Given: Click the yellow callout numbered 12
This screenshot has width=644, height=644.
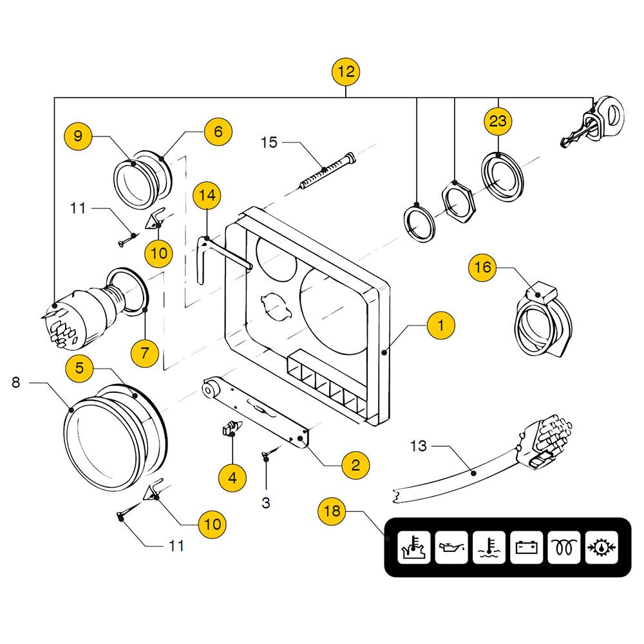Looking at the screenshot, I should coord(346,71).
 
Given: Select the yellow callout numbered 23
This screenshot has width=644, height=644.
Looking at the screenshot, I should coord(498,121).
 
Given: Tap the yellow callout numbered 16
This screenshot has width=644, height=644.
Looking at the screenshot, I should coord(482,267).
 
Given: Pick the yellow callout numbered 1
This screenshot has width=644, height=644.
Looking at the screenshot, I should coord(440,326).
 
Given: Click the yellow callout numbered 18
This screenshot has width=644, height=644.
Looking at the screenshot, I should coord(332,512).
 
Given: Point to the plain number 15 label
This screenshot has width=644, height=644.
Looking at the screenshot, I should coord(269,142).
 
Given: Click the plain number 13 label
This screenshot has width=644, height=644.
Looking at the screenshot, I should coord(418,446).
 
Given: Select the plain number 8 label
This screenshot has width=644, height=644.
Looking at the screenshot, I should coord(16,383).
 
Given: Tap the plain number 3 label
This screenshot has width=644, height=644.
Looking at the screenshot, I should coord(266,502).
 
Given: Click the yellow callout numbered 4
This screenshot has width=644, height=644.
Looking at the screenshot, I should coord(232,477).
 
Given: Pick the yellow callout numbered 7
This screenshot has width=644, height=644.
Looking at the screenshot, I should coord(144,352).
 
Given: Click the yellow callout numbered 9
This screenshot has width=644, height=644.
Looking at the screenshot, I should coord(78,136).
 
